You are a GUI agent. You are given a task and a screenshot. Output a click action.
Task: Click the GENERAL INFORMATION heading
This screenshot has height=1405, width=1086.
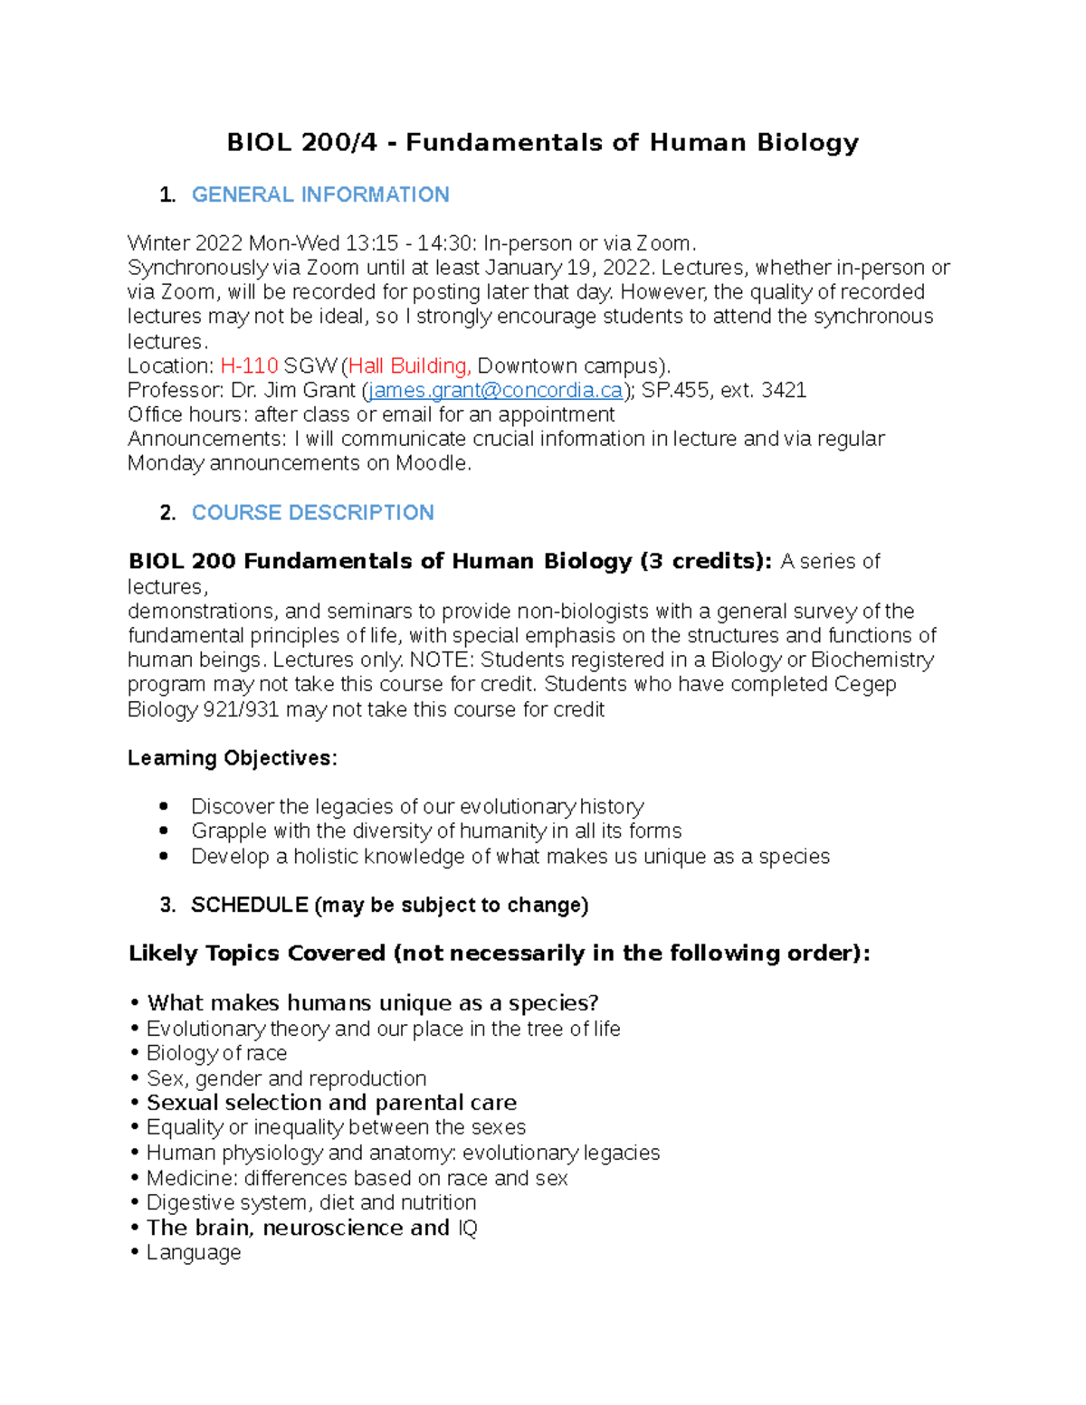(320, 195)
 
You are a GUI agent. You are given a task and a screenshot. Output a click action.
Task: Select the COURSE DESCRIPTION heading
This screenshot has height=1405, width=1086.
(312, 512)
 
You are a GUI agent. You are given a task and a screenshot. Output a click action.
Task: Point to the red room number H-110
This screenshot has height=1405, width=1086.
(249, 365)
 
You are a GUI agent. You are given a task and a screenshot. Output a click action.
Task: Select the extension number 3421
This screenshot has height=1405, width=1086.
(784, 390)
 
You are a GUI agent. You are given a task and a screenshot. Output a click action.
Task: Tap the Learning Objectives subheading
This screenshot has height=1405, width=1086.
(232, 758)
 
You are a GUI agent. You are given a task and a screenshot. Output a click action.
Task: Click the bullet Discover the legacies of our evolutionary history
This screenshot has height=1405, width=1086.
(417, 806)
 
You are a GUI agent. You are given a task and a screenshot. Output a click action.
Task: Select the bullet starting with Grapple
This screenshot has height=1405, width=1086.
(436, 831)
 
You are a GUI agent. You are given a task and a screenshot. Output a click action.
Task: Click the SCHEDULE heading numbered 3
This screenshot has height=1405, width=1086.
(389, 905)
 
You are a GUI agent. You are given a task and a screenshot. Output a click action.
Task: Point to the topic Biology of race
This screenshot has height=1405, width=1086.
(216, 1053)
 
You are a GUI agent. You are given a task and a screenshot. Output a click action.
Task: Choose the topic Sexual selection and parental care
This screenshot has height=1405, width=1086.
(331, 1103)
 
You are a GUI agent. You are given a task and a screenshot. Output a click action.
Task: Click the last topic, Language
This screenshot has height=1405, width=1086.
(194, 1252)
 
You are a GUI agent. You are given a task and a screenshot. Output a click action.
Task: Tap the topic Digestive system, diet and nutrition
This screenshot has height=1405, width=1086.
(311, 1202)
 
